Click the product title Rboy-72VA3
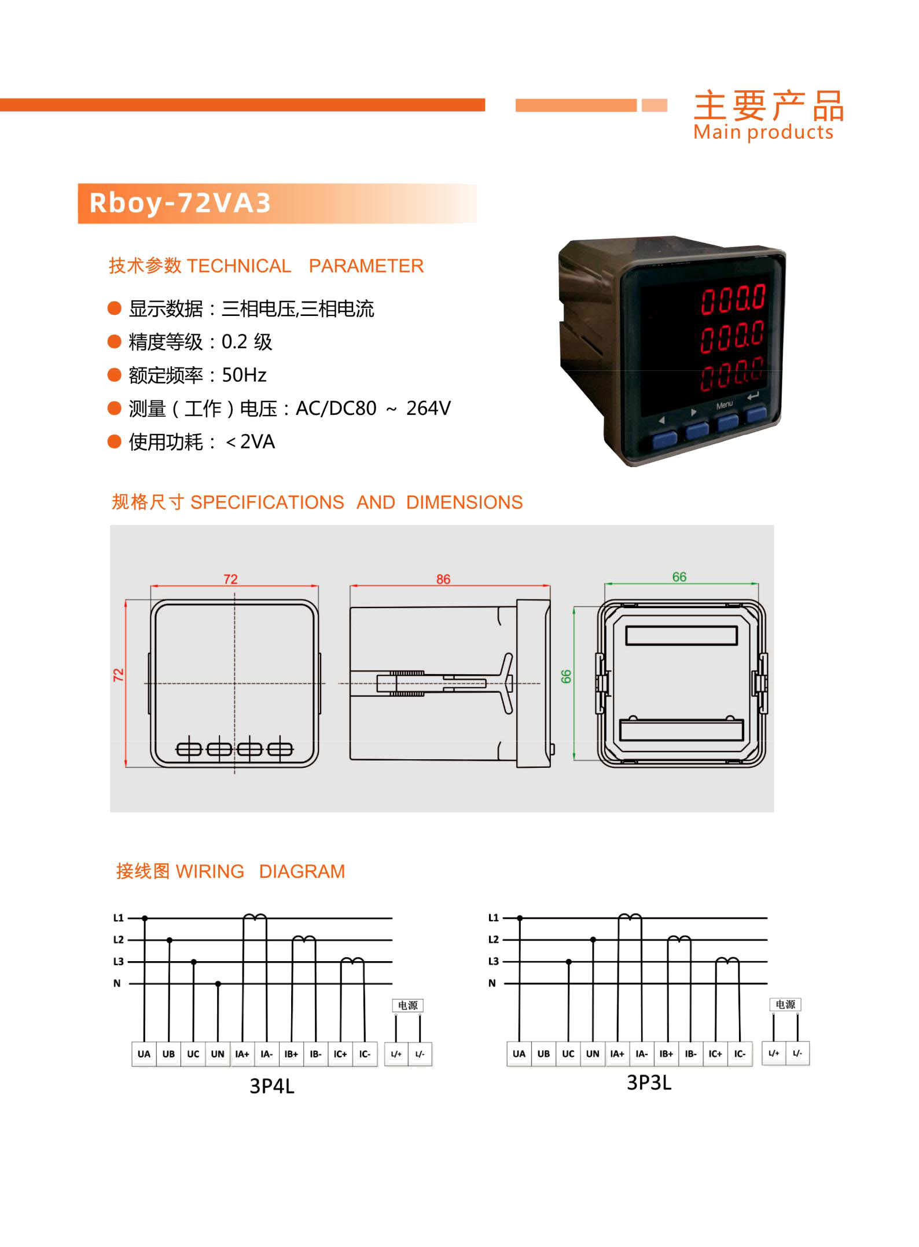pyautogui.click(x=180, y=203)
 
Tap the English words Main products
pyautogui.click(x=763, y=133)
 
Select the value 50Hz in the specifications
pyautogui.click(x=244, y=376)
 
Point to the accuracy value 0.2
pyautogui.click(x=234, y=342)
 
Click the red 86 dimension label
pyautogui.click(x=443, y=579)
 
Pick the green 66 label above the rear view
pyautogui.click(x=679, y=577)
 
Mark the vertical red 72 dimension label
pyautogui.click(x=119, y=675)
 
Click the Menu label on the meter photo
pyautogui.click(x=724, y=405)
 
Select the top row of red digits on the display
pyautogui.click(x=733, y=299)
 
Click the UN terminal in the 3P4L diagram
pyautogui.click(x=218, y=1054)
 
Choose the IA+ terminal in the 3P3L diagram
pyautogui.click(x=617, y=1053)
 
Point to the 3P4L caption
pyautogui.click(x=272, y=1086)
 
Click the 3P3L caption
pyautogui.click(x=649, y=1082)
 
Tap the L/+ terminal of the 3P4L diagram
pyautogui.click(x=396, y=1054)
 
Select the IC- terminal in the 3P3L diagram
pyautogui.click(x=740, y=1053)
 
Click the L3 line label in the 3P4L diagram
pyautogui.click(x=119, y=961)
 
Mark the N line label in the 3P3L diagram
pyautogui.click(x=492, y=983)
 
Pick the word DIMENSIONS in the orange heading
pyautogui.click(x=464, y=502)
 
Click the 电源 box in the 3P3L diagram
pyautogui.click(x=785, y=1004)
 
